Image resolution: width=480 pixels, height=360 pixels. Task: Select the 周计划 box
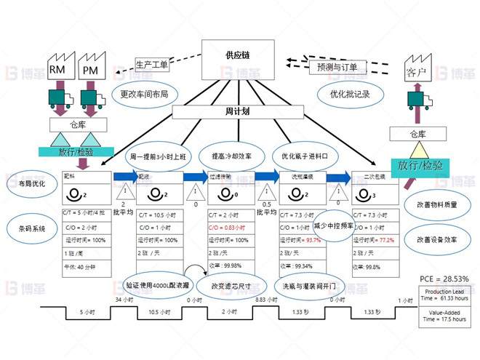tap(237, 112)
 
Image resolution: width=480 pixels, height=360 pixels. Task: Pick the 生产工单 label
tap(152, 64)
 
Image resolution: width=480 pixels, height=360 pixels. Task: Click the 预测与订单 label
tap(337, 67)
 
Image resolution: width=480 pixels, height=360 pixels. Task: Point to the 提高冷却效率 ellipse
tap(231, 156)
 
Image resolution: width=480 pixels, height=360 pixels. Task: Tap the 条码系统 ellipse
tap(31, 228)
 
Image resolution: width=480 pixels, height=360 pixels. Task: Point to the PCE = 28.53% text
tap(444, 279)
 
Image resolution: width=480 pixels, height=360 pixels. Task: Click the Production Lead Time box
tap(444, 295)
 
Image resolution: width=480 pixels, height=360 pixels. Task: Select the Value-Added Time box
tap(444, 314)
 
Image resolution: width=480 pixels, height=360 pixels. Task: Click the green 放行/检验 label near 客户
tap(420, 165)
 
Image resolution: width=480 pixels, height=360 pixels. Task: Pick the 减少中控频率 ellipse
tap(333, 225)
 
